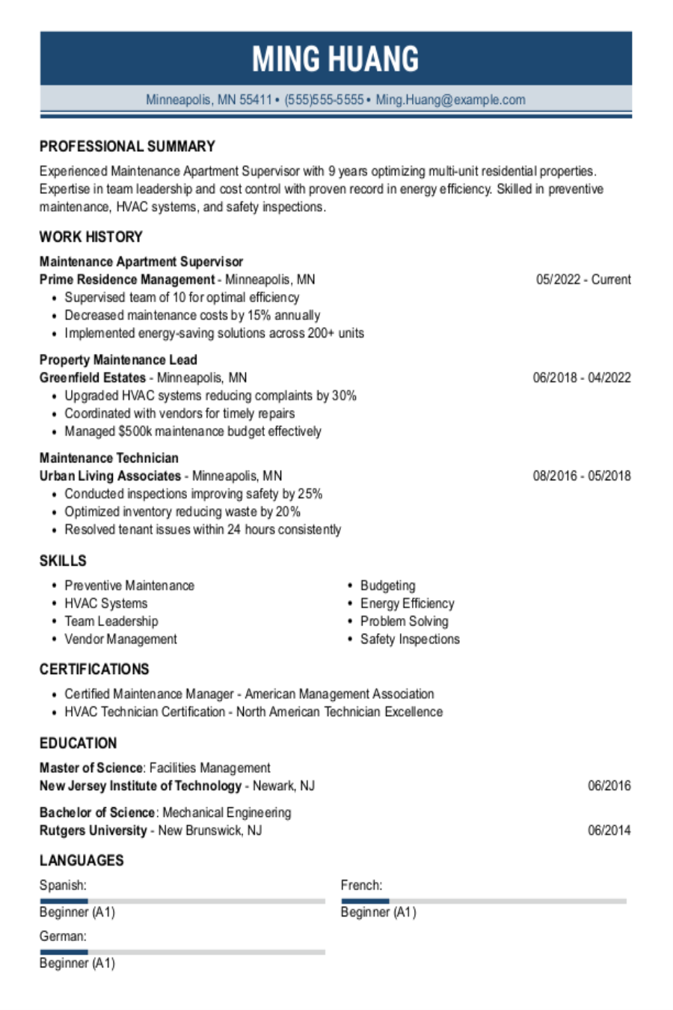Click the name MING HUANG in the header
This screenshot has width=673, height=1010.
coord(335,59)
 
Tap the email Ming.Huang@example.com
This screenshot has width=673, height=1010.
coord(450,100)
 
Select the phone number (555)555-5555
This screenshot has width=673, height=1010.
coord(324,100)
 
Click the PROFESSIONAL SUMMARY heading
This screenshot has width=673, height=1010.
coord(127,147)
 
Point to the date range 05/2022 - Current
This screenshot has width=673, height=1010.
coord(583,280)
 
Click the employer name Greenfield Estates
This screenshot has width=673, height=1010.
coord(93,378)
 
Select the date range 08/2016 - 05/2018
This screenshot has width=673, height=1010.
coord(582,476)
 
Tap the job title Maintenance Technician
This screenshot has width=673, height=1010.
coord(109,458)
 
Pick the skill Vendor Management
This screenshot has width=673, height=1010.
coord(120,640)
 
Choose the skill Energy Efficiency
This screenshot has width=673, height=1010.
coord(407,604)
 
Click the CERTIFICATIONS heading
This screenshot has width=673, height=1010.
coord(94,670)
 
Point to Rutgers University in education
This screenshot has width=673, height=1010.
coord(93,830)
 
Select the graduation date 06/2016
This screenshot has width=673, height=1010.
coord(609,786)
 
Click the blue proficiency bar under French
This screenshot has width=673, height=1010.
coord(365,901)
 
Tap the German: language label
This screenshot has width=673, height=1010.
coord(63,937)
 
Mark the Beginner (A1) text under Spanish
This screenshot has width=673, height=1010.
coord(77,913)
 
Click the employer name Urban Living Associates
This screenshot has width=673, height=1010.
coord(110,476)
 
